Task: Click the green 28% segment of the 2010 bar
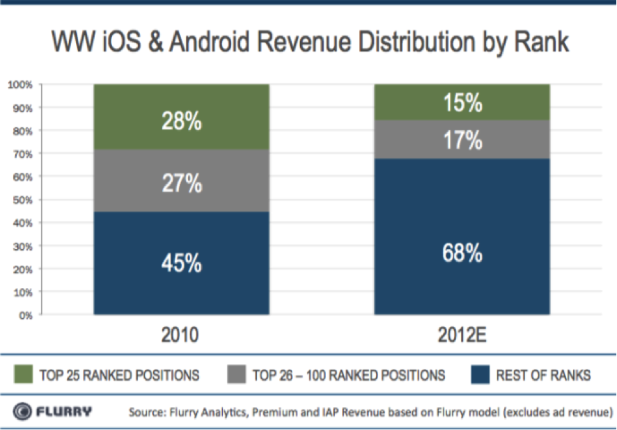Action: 181,116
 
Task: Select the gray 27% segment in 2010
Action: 181,180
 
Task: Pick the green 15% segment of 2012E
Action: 462,102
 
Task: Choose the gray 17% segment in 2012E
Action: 462,139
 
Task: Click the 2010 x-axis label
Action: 180,335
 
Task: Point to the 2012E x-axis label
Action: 462,335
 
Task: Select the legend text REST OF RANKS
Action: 543,376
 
